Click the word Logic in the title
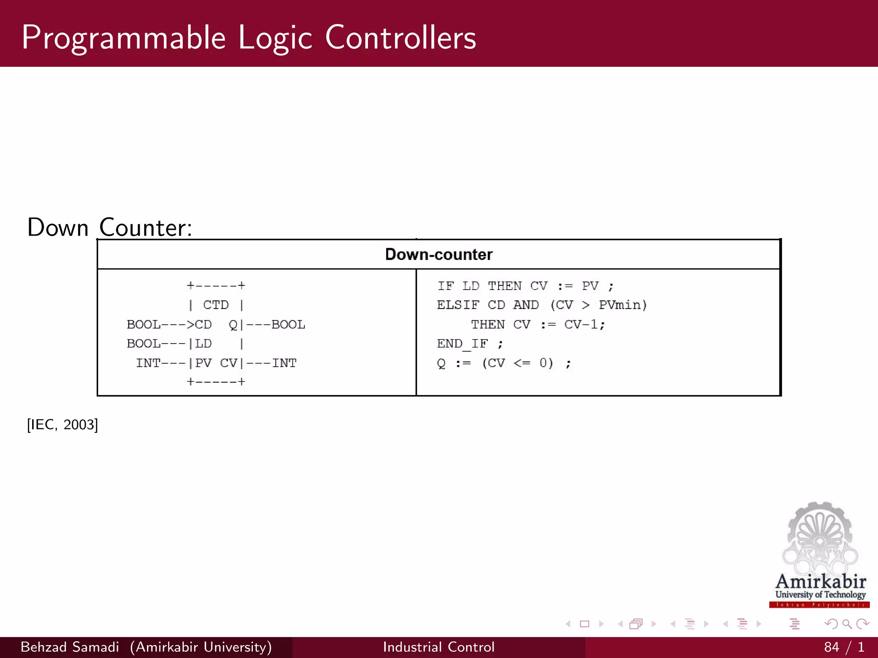[275, 38]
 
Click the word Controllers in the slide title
[400, 38]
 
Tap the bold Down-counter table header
[439, 254]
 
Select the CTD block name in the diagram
[216, 305]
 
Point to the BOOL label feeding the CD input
[143, 325]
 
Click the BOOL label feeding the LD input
[143, 344]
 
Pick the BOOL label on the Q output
[288, 325]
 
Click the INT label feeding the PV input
[148, 363]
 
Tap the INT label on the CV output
[284, 363]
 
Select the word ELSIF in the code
[458, 305]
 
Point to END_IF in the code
[462, 344]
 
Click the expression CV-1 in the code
[581, 325]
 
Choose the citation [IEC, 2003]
[63, 425]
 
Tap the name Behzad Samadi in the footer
[70, 647]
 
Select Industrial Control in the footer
[439, 647]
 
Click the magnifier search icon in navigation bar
[847, 624]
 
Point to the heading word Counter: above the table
[146, 227]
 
